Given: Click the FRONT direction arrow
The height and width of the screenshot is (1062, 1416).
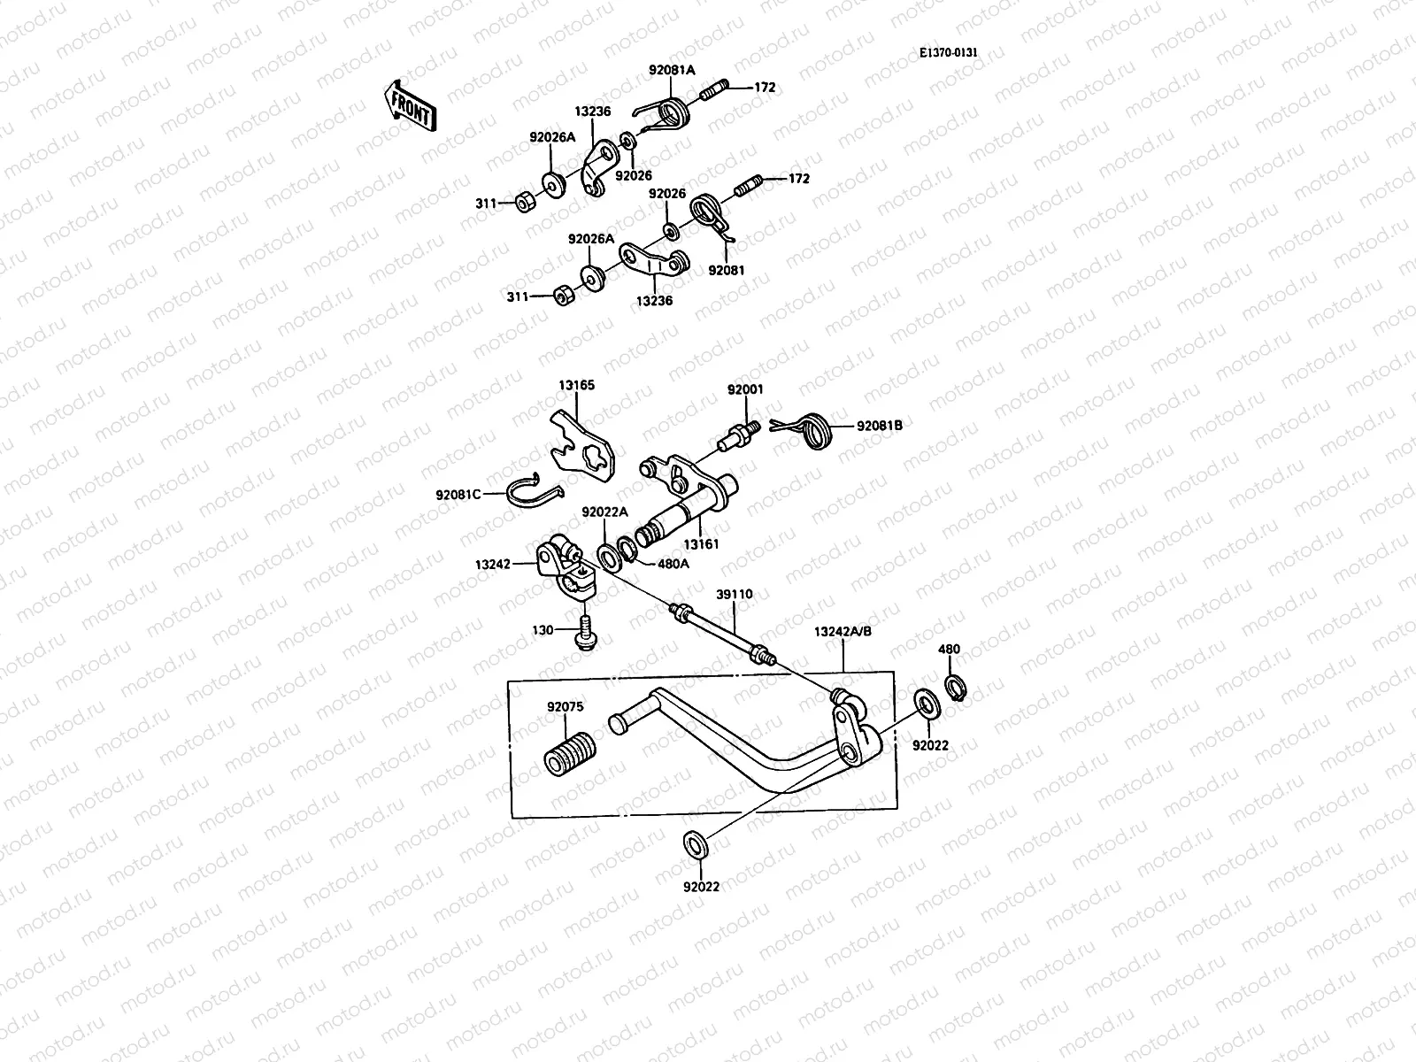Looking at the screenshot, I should pos(410,105).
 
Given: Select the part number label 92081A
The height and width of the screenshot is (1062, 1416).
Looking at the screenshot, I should pos(672,69).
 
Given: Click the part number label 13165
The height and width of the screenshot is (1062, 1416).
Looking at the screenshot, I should pos(576,385).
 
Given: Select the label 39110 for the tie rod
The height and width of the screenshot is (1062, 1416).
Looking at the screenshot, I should pos(735,595).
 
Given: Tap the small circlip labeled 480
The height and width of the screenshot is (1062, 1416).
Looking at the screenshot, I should pos(955,685).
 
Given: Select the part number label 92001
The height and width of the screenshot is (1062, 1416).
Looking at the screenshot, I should pos(745,389).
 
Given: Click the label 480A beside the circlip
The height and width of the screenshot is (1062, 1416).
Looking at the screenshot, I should pos(672,563).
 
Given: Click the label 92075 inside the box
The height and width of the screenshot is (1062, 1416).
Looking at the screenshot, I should pos(564,707).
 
